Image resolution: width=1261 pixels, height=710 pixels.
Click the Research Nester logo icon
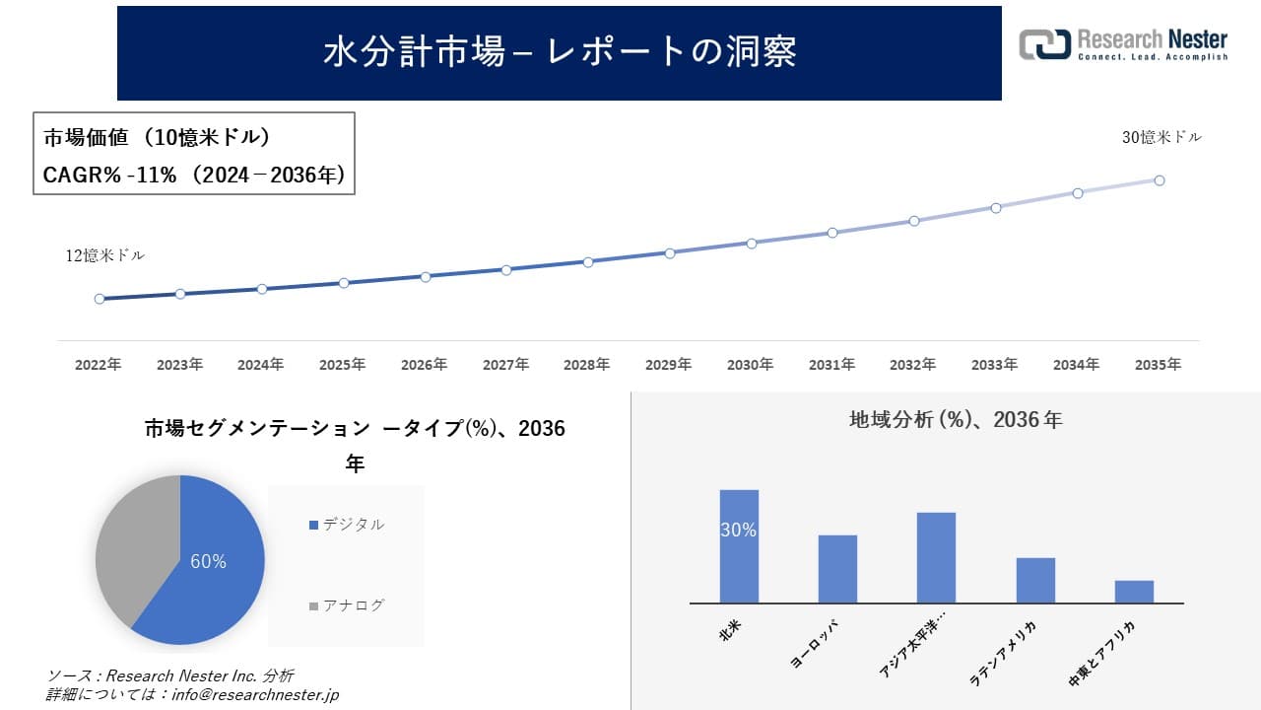click(x=1044, y=44)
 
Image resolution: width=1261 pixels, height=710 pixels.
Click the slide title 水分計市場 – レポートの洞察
click(x=560, y=52)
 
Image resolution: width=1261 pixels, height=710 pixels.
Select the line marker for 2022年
click(x=100, y=299)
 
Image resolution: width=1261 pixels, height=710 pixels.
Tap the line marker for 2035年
click(x=1160, y=180)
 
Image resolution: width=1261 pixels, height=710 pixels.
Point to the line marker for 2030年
click(x=752, y=243)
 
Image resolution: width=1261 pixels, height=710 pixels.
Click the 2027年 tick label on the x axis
click(x=505, y=365)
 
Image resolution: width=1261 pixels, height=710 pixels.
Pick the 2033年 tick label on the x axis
click(x=994, y=365)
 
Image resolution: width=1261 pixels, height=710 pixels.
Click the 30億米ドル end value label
click(x=1161, y=138)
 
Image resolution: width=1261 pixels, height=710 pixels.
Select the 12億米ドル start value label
click(x=105, y=255)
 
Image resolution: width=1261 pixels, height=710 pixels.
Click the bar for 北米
click(x=739, y=547)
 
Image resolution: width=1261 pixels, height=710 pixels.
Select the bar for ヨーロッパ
click(x=837, y=569)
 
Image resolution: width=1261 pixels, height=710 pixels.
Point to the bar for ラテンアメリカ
click(x=1035, y=581)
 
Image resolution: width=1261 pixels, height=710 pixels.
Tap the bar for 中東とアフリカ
click(x=1134, y=592)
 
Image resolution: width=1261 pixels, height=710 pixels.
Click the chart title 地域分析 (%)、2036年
click(x=956, y=420)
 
